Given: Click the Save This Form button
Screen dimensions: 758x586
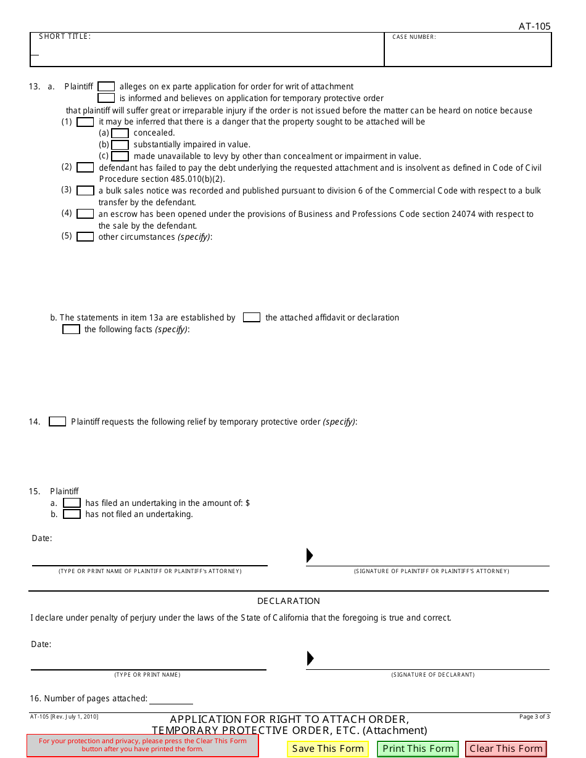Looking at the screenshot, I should click(328, 749).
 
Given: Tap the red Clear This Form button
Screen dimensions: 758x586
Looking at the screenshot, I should click(506, 749).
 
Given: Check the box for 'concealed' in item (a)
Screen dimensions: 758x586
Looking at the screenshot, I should click(120, 133).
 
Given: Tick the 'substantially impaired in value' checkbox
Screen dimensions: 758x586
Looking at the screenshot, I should click(120, 145).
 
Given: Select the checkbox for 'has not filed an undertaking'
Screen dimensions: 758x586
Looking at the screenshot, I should click(72, 514).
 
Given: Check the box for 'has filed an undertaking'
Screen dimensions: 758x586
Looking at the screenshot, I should click(72, 503).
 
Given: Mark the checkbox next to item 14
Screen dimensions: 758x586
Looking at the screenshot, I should click(57, 422).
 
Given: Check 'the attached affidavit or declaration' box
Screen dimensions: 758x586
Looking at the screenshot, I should click(251, 317).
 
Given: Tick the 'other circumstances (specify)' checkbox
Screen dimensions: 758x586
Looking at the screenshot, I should click(85, 237).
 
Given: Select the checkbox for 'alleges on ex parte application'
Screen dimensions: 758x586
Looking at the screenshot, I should click(106, 87).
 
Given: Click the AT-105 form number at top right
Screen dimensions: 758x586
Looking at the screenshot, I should click(534, 26).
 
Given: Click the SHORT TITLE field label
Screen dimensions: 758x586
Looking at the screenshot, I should click(65, 36).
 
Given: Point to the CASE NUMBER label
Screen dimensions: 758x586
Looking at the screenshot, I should click(414, 37).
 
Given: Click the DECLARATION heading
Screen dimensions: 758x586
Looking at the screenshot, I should click(289, 601).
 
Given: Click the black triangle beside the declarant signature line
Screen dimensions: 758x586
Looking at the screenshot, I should click(310, 658).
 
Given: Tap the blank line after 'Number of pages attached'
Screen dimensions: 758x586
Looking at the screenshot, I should click(171, 699).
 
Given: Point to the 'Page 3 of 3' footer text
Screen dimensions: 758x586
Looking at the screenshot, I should click(534, 716).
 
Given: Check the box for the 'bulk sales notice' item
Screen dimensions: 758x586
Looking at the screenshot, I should click(85, 191).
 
